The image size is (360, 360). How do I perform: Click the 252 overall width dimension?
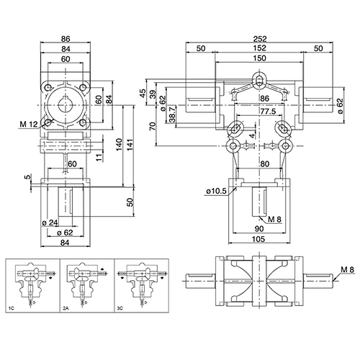tap(260, 39)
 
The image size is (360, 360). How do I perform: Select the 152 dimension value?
tap(260, 48)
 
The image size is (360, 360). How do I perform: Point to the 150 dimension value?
tap(260, 58)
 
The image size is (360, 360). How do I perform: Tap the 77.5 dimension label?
tap(268, 112)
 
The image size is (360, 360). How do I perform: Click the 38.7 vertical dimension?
tap(173, 114)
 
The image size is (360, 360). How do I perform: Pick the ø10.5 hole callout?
tap(216, 191)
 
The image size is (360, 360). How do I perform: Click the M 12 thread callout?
tap(29, 125)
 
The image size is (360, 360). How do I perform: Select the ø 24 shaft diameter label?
tap(50, 222)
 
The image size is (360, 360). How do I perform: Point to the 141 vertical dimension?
tap(130, 145)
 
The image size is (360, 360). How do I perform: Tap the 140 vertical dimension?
tap(120, 145)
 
